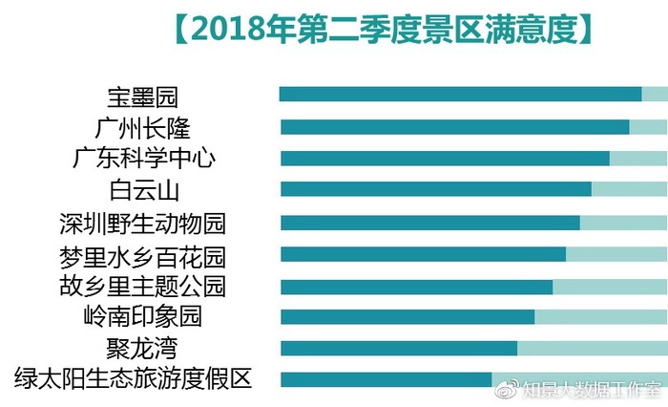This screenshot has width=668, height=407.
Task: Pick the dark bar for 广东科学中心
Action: coord(445,159)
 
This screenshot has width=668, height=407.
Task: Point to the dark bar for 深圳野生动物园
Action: coord(430,223)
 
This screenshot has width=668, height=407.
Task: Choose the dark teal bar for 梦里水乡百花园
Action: coord(423,254)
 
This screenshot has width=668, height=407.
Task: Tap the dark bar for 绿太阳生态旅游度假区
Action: coord(386,379)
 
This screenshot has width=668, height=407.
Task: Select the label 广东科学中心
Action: coord(144,159)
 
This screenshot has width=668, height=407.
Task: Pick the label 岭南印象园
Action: coord(143,316)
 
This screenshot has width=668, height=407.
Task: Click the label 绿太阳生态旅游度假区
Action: coord(134,378)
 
